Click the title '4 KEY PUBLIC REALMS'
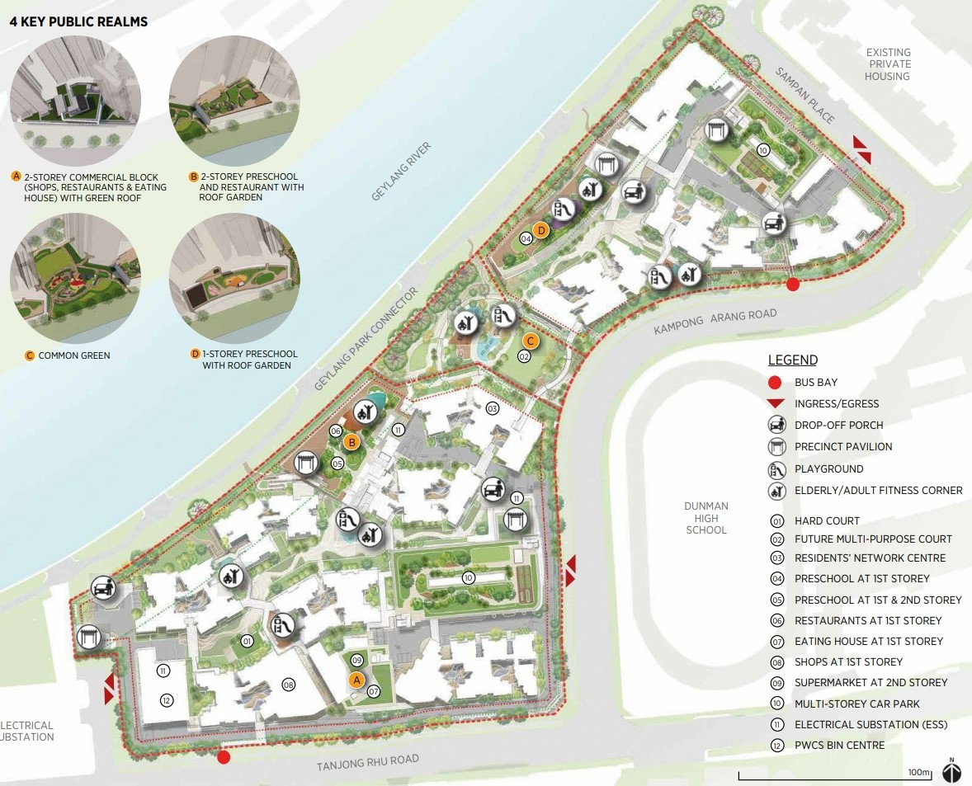[78, 21]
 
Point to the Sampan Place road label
[804, 95]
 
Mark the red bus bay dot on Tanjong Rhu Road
[223, 757]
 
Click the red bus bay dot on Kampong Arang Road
[792, 285]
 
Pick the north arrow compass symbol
[952, 770]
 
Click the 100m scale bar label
[918, 772]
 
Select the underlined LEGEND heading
[792, 360]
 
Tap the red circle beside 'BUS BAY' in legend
[775, 382]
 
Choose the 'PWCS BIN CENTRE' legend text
[839, 746]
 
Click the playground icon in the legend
[776, 468]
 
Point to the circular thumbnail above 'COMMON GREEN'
[75, 285]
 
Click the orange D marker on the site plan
[541, 230]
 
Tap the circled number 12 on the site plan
[166, 700]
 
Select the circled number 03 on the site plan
[493, 408]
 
